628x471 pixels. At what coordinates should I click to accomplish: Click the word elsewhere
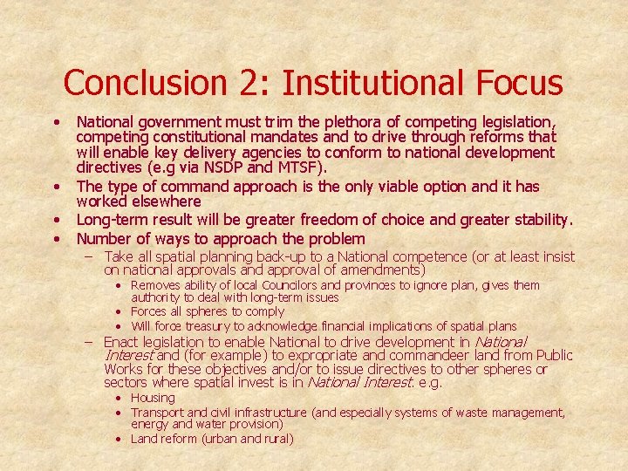(x=166, y=201)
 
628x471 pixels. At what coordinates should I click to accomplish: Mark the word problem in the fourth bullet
(x=335, y=239)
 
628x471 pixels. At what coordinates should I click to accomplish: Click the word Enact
(x=121, y=342)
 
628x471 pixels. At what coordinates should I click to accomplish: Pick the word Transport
(x=157, y=413)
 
